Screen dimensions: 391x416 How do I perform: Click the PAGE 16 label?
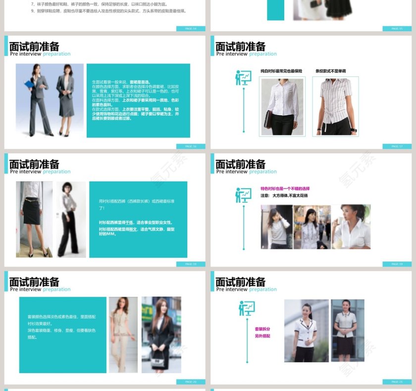[191, 146]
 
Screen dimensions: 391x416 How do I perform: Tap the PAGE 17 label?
[397, 146]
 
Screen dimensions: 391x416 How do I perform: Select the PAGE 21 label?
[397, 382]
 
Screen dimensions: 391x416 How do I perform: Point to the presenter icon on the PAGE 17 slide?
[243, 78]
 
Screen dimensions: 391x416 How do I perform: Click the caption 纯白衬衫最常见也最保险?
[281, 71]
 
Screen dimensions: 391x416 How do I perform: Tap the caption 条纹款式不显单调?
[331, 71]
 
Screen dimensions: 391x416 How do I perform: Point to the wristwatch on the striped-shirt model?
[353, 130]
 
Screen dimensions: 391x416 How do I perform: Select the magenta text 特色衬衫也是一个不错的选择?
[285, 189]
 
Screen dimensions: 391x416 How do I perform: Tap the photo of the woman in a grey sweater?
[276, 227]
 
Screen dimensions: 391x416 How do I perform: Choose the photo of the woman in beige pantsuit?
[123, 334]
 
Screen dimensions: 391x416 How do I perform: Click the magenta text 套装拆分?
[262, 329]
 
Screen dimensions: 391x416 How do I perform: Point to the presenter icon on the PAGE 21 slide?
[246, 308]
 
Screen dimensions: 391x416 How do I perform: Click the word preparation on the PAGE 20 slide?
[56, 289]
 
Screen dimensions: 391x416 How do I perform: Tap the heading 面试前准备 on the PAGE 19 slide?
[241, 164]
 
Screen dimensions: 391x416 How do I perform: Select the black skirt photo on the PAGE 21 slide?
[348, 330]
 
